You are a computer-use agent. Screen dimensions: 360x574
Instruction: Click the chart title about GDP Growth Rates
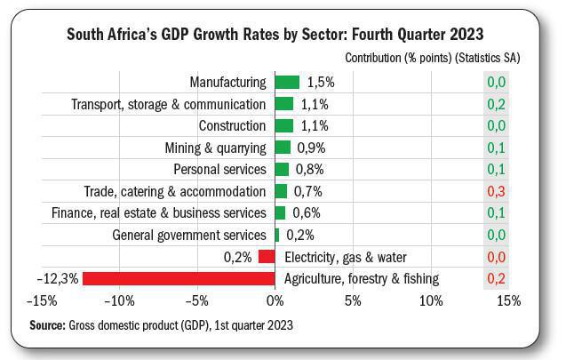275,35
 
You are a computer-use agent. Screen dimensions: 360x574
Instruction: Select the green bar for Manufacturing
287,82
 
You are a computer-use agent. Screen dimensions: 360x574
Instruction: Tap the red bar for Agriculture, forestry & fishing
179,278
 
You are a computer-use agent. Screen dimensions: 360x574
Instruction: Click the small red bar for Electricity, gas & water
267,257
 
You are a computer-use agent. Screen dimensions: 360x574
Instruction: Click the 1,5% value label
320,82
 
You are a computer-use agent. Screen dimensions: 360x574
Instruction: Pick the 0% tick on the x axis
275,300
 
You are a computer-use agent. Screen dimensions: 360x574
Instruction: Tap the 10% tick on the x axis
430,300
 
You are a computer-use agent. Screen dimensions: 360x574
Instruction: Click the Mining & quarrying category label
215,148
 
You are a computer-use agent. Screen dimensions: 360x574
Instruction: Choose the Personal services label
219,169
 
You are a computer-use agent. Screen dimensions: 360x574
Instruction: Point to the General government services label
189,235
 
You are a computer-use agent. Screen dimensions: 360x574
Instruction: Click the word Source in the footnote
49,324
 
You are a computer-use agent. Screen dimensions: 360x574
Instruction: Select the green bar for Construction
283,125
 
